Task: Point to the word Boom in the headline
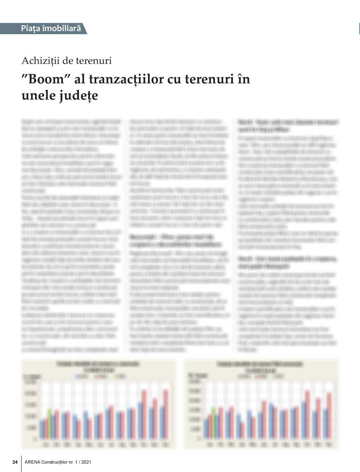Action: [47, 79]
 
